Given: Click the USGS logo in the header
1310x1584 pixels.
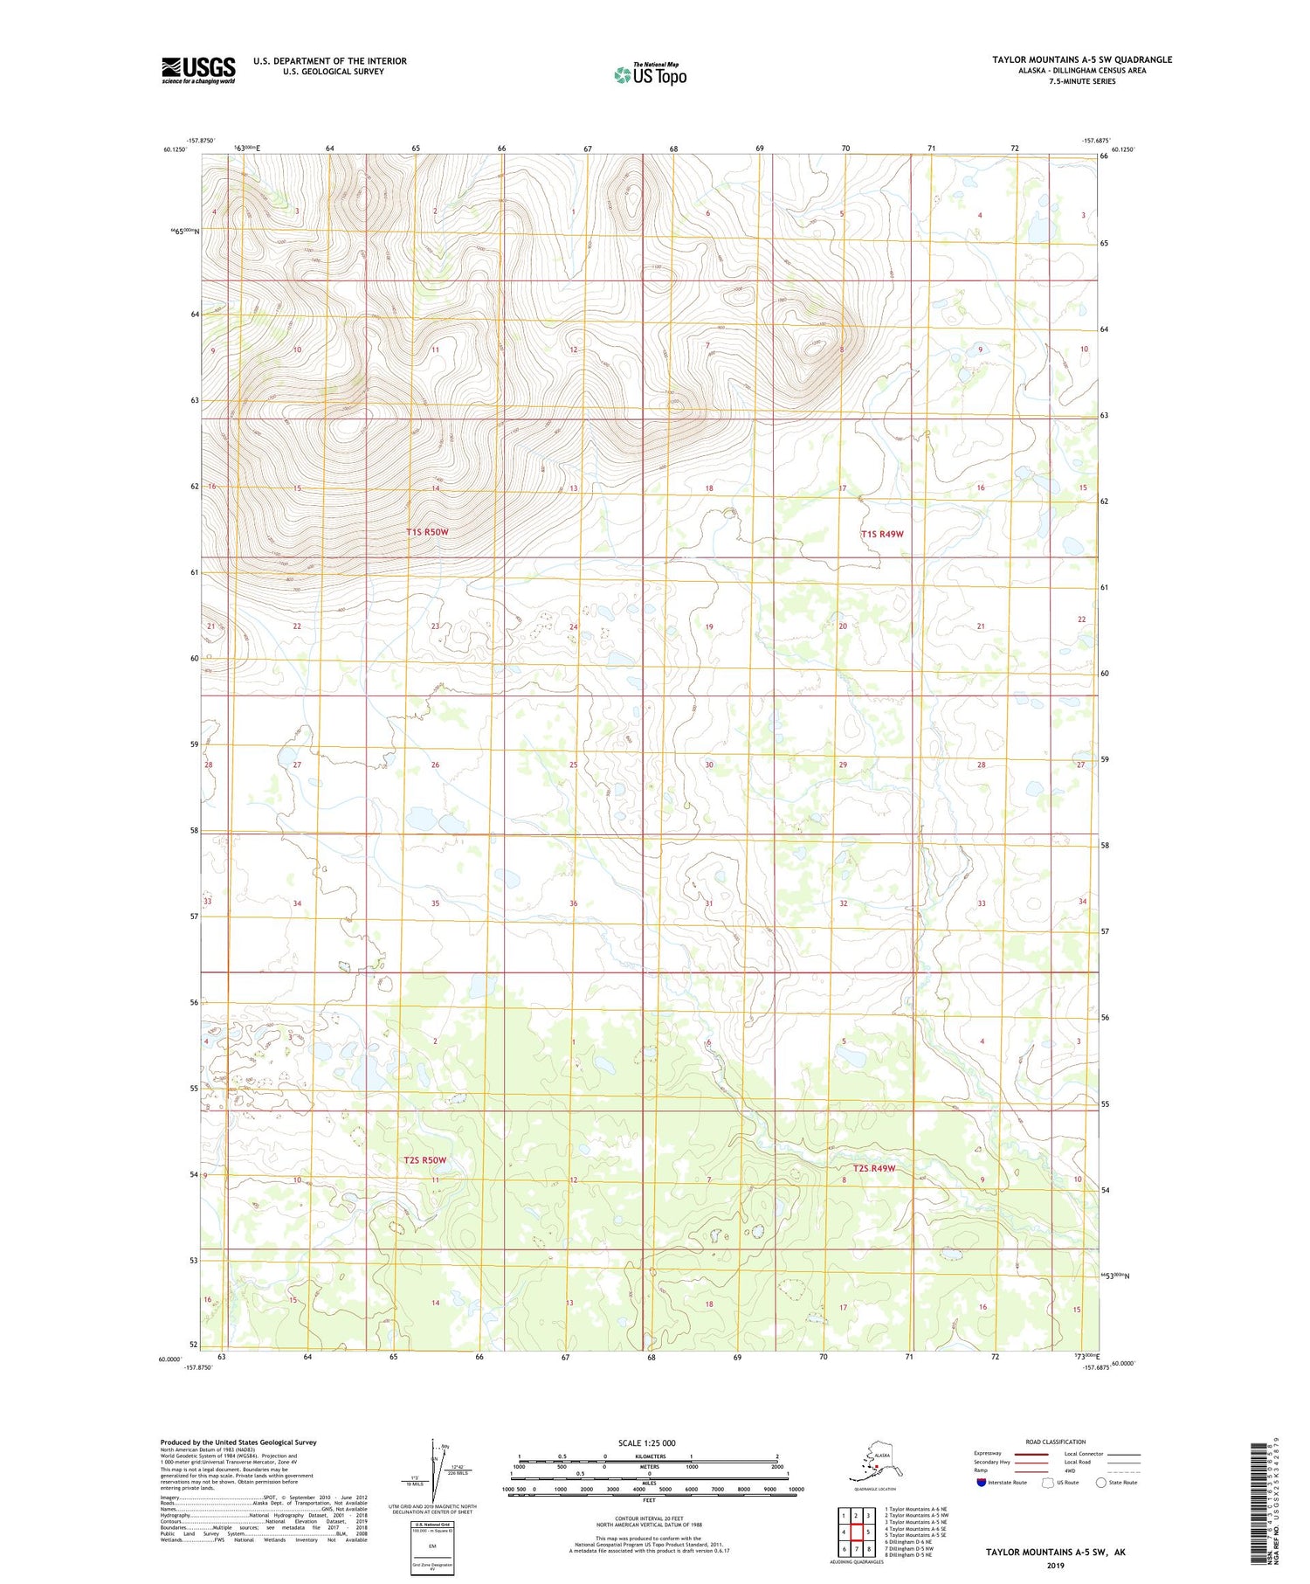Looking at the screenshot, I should tap(198, 69).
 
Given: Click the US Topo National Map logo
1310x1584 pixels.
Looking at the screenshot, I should tap(650, 73).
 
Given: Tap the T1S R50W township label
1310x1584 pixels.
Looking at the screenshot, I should tap(427, 532).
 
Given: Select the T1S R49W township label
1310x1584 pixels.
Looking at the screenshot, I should tap(881, 534).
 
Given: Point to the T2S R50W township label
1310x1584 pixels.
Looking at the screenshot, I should tap(425, 1160).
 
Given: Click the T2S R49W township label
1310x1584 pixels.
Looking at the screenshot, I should tap(873, 1168).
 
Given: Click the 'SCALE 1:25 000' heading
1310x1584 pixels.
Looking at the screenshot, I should tap(648, 1442).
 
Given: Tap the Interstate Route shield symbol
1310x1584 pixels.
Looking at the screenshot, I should tap(981, 1483).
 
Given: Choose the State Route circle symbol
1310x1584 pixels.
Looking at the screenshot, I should tap(1100, 1483).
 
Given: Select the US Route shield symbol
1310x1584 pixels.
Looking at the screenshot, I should tap(1048, 1483).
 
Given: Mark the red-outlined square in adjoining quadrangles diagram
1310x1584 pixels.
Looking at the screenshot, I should tap(857, 1532).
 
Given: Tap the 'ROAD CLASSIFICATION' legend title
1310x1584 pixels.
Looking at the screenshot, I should tap(1056, 1442).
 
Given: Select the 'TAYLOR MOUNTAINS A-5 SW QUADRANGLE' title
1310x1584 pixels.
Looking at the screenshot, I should tap(1081, 59).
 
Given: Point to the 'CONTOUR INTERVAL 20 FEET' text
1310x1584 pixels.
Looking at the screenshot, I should tap(648, 1518).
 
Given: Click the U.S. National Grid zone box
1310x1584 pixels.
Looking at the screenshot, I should tap(431, 1548).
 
